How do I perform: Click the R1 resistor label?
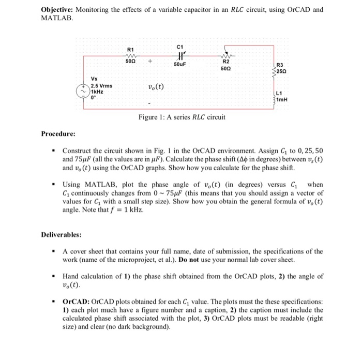point(130,49)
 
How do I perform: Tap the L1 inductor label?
point(279,94)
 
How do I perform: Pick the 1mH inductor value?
point(282,99)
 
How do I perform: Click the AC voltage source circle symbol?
point(83,91)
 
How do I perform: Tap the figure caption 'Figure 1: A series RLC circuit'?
point(182,117)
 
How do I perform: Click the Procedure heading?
point(58,134)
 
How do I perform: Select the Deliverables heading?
point(61,234)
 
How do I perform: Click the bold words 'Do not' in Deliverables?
point(201,260)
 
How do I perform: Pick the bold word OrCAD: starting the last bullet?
point(76,301)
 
